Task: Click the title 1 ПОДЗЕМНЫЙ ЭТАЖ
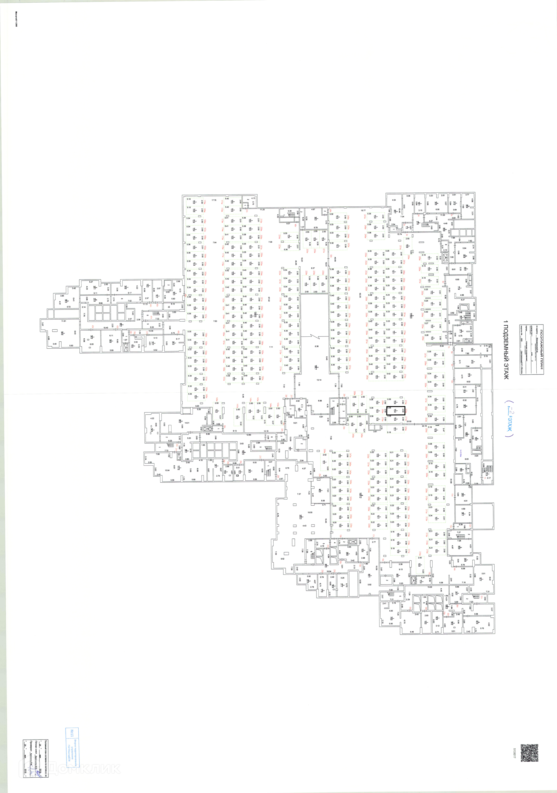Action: coord(506,350)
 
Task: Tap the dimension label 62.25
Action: coord(360,295)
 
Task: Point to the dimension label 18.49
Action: coord(106,328)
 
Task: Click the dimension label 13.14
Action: coord(319,380)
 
